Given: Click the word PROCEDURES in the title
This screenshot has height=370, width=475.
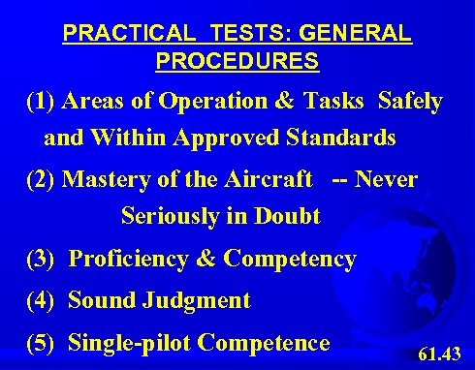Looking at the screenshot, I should (x=237, y=60).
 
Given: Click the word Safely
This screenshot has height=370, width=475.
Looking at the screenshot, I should (x=411, y=102).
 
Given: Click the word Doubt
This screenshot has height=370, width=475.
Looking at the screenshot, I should (x=289, y=216).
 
